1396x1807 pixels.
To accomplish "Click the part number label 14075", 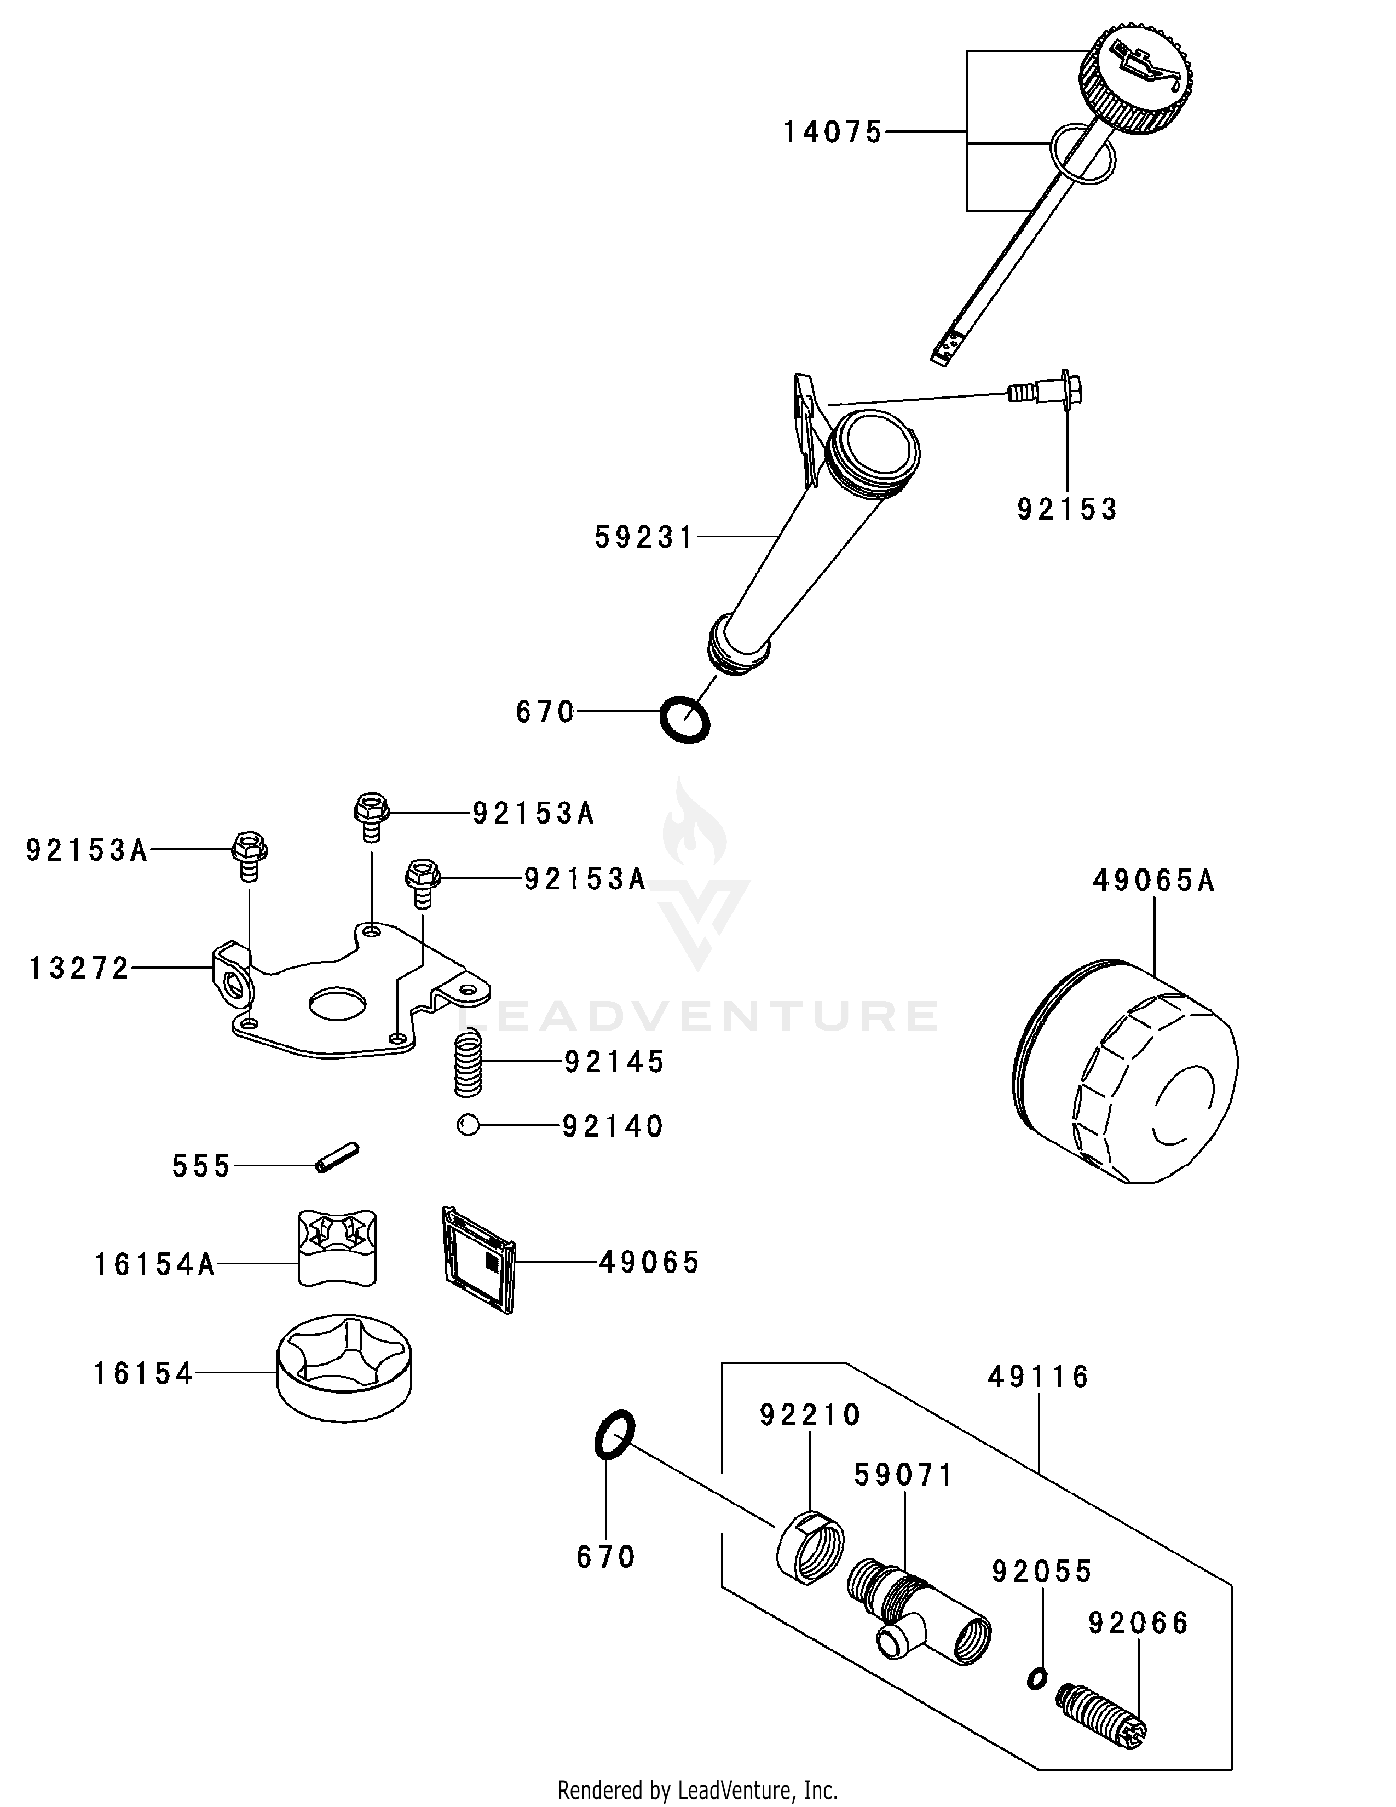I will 833,133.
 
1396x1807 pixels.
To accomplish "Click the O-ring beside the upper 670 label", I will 685,719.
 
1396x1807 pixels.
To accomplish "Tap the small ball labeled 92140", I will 468,1125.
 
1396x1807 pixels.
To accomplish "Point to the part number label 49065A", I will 1153,881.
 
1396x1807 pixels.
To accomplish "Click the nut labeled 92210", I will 810,1546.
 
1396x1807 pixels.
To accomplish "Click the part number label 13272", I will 79,968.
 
